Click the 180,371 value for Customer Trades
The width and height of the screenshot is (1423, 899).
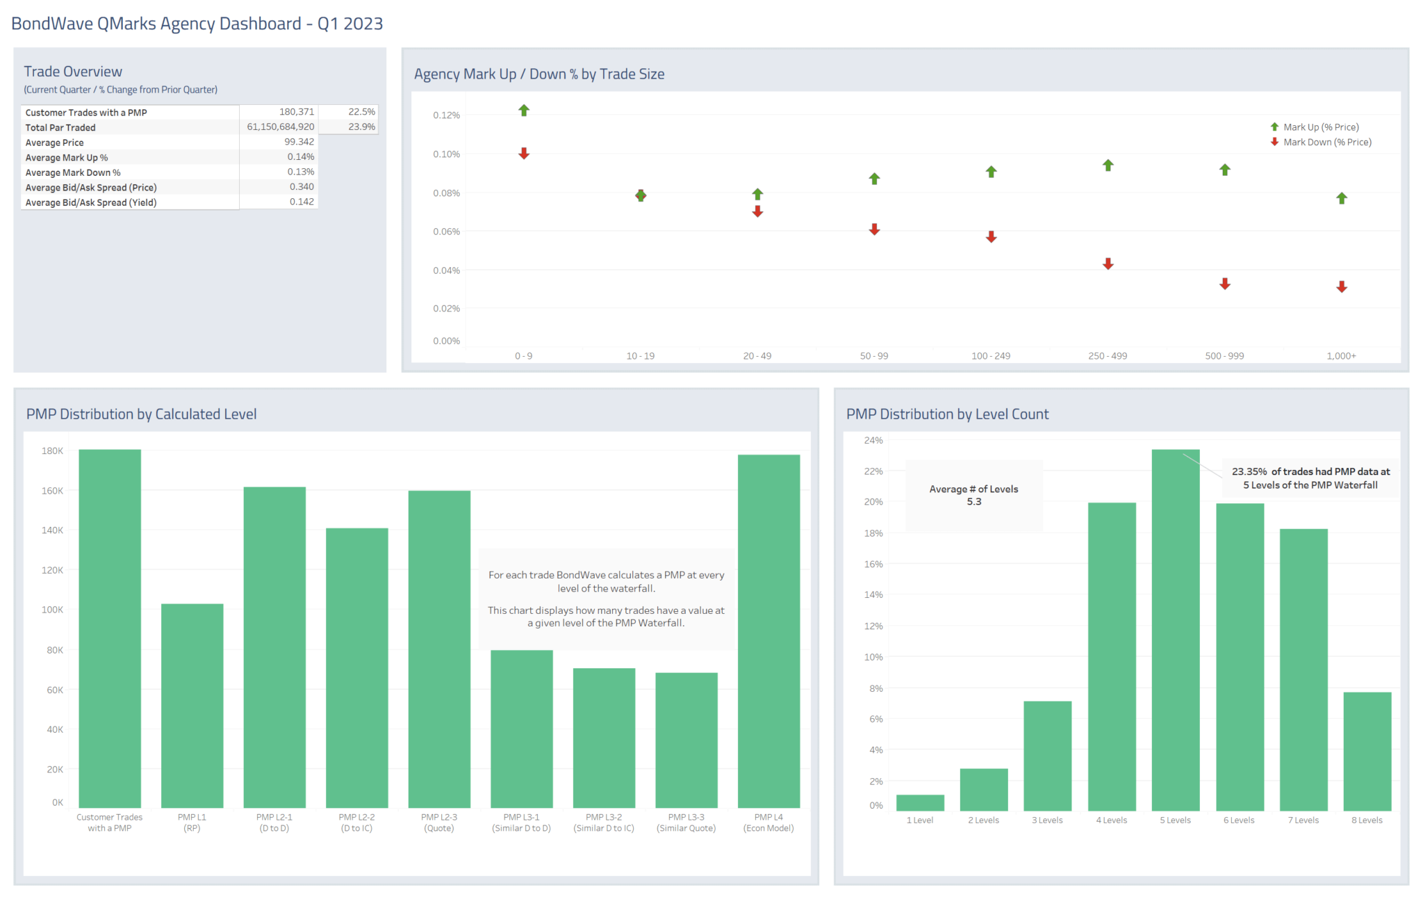(297, 112)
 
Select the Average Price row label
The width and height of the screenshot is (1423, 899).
(54, 143)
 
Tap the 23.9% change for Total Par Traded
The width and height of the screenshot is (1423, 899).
(361, 127)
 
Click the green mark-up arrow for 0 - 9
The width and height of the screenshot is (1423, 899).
(524, 111)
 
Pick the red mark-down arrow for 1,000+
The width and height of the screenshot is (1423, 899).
(1342, 286)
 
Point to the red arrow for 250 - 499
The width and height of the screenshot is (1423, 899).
(1108, 264)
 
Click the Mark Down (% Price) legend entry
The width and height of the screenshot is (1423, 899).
(1326, 142)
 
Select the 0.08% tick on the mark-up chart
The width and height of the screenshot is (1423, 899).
(446, 193)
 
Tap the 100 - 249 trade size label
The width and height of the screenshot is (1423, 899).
(991, 356)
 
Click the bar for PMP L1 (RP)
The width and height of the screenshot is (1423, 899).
(192, 706)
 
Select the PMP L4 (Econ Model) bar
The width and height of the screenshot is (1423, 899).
(768, 631)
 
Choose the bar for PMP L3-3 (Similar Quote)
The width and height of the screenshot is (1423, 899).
(686, 740)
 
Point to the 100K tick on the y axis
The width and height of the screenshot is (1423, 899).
(52, 610)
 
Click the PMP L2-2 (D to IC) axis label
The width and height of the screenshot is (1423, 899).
(356, 823)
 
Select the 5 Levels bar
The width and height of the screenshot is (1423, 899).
(1175, 629)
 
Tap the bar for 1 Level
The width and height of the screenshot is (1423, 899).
(920, 802)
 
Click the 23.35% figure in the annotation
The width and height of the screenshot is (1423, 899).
(1249, 471)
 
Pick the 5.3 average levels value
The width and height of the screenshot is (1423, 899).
(973, 502)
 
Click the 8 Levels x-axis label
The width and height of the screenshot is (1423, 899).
(1367, 820)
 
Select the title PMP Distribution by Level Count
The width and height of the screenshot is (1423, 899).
(947, 414)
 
